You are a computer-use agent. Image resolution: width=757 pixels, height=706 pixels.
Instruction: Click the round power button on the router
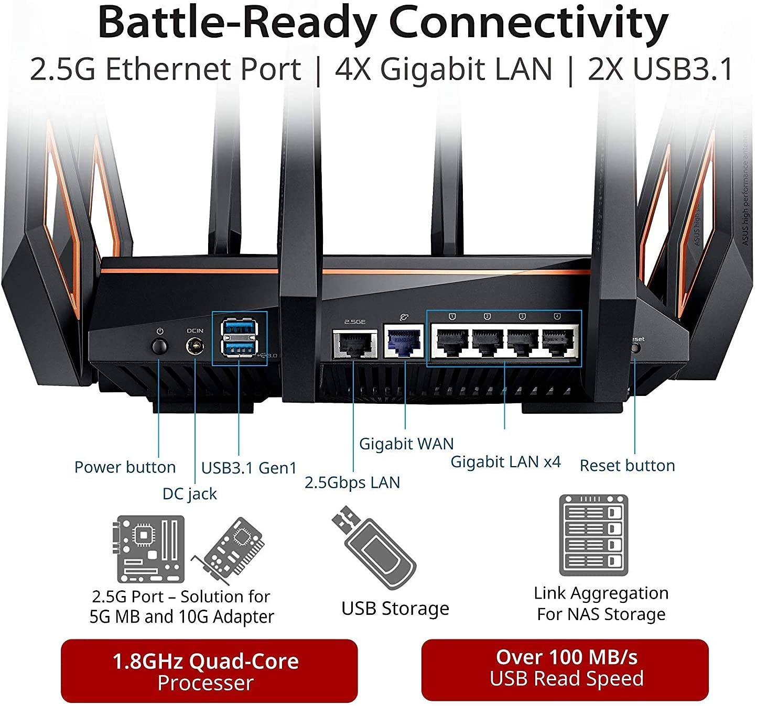tap(159, 346)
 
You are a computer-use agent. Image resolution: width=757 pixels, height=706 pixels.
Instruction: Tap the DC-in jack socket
tap(194, 346)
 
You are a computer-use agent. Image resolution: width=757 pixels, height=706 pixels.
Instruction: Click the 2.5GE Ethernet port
tap(355, 344)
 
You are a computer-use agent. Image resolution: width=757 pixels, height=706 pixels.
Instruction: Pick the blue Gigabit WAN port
tap(404, 341)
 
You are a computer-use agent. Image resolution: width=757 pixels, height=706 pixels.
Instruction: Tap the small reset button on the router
tap(635, 348)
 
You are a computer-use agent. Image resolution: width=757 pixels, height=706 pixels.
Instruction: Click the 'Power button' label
tap(125, 467)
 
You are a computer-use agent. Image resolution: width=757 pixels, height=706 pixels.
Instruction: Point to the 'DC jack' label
tap(189, 494)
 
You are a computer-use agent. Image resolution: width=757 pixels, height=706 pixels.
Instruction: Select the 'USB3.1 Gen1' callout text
tap(249, 468)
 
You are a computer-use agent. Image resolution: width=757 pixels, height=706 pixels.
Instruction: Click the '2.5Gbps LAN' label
tap(352, 482)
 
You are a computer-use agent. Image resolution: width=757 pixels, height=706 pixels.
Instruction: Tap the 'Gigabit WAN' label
tap(406, 444)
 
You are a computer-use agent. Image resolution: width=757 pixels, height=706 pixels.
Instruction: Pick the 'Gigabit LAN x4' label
tap(505, 462)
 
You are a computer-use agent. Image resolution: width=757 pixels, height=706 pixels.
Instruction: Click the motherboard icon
tap(150, 549)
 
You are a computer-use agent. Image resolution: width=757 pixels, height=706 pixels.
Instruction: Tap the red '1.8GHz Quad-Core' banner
tap(209, 671)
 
